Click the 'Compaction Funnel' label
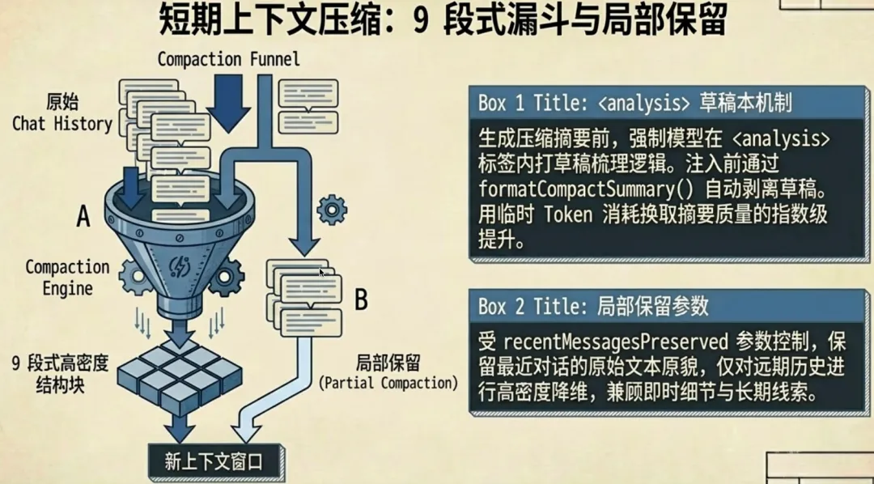point(228,59)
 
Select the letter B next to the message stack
point(361,300)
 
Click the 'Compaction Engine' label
point(67,277)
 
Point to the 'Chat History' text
point(62,124)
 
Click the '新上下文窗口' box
point(214,461)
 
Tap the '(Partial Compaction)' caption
point(388,383)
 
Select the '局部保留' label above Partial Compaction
point(388,363)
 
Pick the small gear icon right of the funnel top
point(331,210)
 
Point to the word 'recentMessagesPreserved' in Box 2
point(616,340)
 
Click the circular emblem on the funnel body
point(180,267)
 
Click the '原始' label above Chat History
point(62,103)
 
